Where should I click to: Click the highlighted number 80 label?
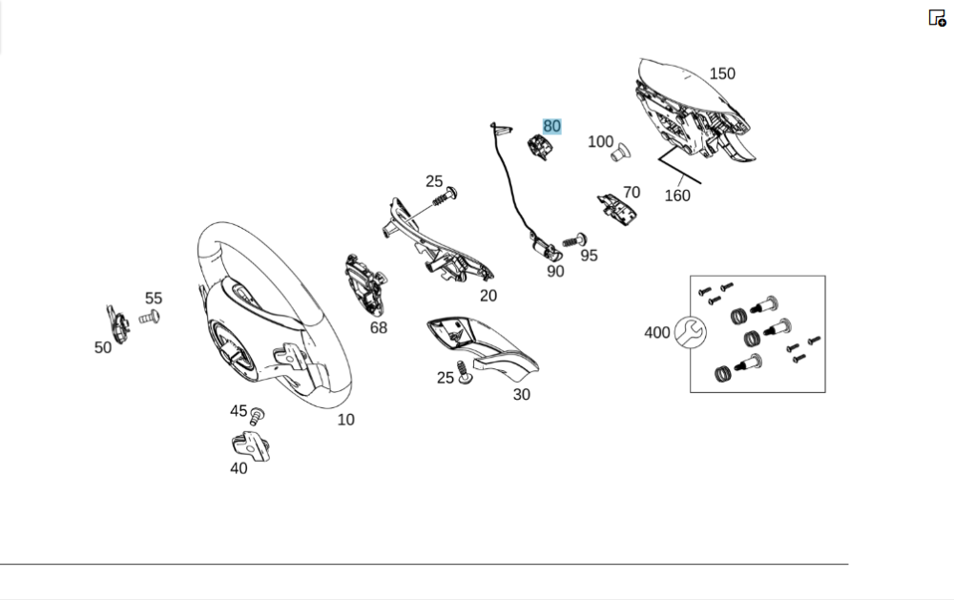click(x=552, y=126)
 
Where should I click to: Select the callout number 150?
click(x=722, y=73)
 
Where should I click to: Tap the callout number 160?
click(x=677, y=196)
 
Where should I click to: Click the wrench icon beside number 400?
click(x=689, y=332)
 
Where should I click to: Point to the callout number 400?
click(x=656, y=333)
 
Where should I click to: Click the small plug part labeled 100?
click(x=621, y=152)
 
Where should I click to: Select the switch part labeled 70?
click(x=619, y=208)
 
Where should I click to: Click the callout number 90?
click(x=555, y=272)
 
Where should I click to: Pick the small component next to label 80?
click(x=541, y=148)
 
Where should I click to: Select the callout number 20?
click(x=488, y=296)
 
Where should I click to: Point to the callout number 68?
click(x=379, y=328)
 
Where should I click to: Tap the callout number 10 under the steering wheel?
click(x=345, y=420)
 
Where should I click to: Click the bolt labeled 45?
click(x=257, y=416)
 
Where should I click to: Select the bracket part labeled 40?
click(x=250, y=445)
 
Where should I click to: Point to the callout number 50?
click(x=103, y=348)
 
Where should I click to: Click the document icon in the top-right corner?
click(x=937, y=17)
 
